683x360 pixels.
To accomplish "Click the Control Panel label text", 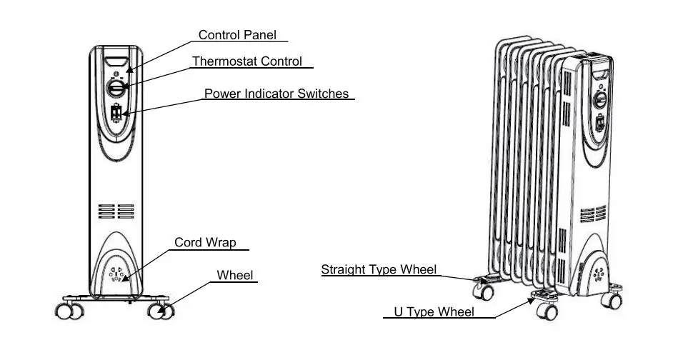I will [x=236, y=35].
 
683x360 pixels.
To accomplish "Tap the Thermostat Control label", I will [x=246, y=61].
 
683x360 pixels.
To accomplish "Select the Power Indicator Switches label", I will [x=276, y=94].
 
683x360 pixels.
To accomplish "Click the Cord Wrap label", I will [x=205, y=243].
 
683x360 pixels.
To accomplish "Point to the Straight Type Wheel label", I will [x=378, y=269].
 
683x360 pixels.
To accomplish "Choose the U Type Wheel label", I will [x=434, y=312].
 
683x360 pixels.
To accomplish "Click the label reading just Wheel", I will [x=235, y=275].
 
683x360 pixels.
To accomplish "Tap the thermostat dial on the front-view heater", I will [x=116, y=89].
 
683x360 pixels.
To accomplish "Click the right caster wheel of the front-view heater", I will [x=161, y=311].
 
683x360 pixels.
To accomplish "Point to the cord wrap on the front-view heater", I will [x=116, y=275].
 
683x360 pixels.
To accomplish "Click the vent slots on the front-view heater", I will [x=116, y=211].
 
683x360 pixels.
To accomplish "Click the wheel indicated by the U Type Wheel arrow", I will [x=547, y=311].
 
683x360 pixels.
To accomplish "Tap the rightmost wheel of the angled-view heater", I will [x=613, y=301].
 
